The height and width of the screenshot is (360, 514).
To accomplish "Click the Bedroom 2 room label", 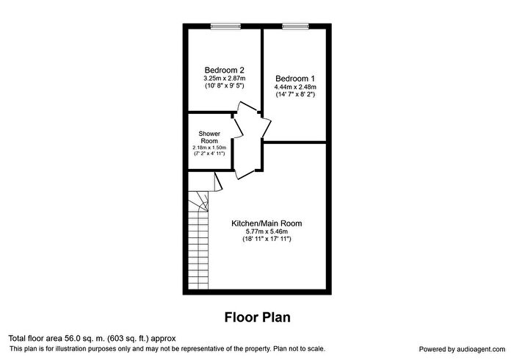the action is pyautogui.click(x=224, y=70).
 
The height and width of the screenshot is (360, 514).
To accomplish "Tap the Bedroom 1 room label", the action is pyautogui.click(x=295, y=79).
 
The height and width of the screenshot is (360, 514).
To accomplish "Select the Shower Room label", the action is pyautogui.click(x=209, y=137).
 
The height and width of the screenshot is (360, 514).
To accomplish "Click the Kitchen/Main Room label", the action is pyautogui.click(x=267, y=223).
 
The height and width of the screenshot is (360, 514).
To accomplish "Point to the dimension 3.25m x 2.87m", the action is pyautogui.click(x=224, y=79).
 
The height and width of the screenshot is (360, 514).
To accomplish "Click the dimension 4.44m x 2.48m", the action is pyautogui.click(x=295, y=87).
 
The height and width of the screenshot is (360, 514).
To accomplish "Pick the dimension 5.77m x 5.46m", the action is pyautogui.click(x=267, y=231).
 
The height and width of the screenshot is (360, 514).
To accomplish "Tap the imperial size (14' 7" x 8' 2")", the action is pyautogui.click(x=295, y=95).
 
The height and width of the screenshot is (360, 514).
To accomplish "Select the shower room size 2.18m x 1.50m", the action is pyautogui.click(x=209, y=148).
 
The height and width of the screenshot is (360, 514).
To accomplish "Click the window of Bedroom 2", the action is pyautogui.click(x=225, y=26).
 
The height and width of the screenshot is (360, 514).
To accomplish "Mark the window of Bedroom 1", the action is pyautogui.click(x=295, y=26).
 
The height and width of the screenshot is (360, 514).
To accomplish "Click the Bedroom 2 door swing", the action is pyautogui.click(x=248, y=107).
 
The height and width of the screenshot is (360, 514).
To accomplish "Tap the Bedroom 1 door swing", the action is pyautogui.click(x=267, y=127).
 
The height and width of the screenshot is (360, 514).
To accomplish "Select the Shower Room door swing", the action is pyautogui.click(x=238, y=127).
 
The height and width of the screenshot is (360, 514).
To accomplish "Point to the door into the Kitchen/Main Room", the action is pyautogui.click(x=245, y=174).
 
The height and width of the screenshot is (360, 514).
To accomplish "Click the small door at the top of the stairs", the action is pyautogui.click(x=218, y=181).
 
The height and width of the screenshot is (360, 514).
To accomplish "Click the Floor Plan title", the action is pyautogui.click(x=257, y=317).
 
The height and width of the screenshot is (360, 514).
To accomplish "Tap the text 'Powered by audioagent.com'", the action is pyautogui.click(x=462, y=349).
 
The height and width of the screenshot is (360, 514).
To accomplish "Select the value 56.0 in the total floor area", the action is pyautogui.click(x=70, y=339).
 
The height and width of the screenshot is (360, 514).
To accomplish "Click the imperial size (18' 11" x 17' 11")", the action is pyautogui.click(x=267, y=239).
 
